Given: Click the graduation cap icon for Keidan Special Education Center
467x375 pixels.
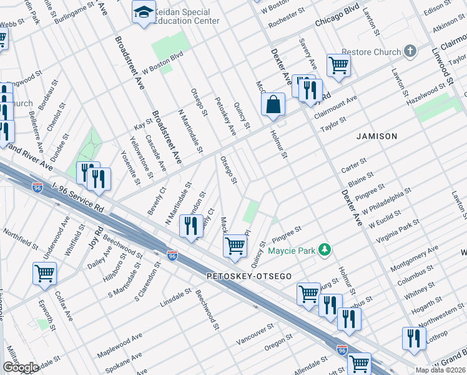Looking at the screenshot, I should tap(144, 12).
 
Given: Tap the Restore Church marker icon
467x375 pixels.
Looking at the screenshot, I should tap(410, 51).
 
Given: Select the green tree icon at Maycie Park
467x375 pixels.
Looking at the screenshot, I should tap(324, 250).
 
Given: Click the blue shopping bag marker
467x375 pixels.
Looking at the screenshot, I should tap(273, 105).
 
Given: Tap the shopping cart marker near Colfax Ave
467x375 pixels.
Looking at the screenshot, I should tap(45, 273).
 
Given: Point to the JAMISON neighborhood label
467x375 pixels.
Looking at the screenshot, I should tap(376, 136).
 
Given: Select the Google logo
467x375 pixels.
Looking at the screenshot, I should tap(21, 367).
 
